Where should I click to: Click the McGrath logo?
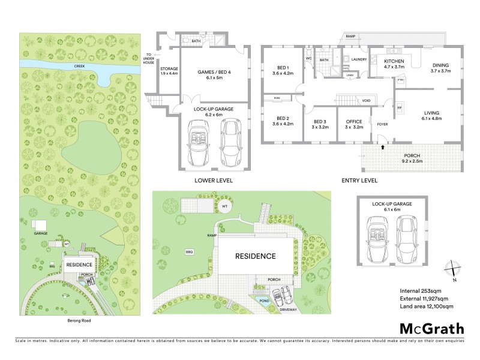click(431, 328)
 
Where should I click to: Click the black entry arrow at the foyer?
click(382, 146)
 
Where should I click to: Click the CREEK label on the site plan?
click(78, 66)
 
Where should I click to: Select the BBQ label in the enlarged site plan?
click(190, 252)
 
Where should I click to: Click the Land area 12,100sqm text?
click(426, 307)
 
